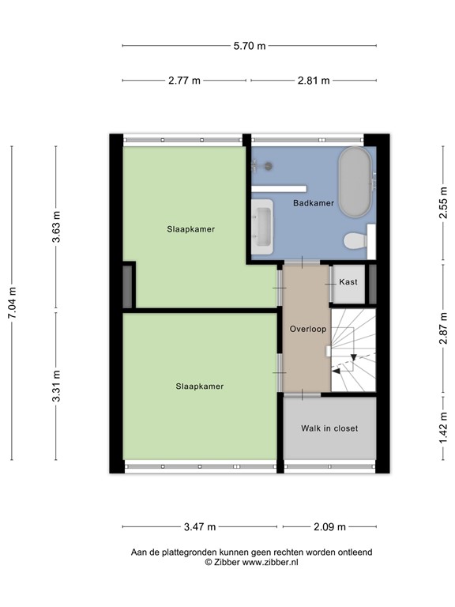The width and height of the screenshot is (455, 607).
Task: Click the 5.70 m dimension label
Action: tap(249, 46)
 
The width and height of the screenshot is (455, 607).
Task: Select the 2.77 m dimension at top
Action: tap(185, 81)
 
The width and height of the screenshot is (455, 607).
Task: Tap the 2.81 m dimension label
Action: tap(313, 81)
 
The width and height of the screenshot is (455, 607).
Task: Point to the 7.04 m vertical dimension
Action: tap(12, 302)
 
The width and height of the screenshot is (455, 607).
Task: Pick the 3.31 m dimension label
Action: tap(56, 386)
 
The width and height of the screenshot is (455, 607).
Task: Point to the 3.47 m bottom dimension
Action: tap(200, 526)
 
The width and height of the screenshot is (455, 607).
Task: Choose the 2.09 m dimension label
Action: tap(329, 526)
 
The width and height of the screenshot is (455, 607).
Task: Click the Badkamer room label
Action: tap(313, 203)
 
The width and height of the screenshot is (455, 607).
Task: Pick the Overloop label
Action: tap(307, 329)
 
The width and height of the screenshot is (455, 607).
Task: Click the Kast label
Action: tap(348, 282)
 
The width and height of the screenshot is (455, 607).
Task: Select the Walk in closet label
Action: tap(329, 428)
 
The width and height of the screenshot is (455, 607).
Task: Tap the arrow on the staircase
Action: tap(343, 365)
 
